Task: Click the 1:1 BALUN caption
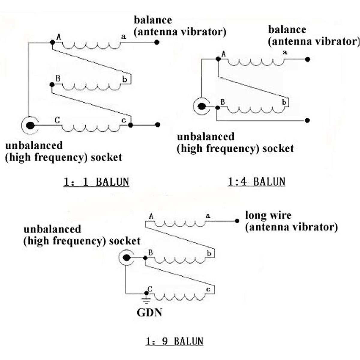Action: (96, 182)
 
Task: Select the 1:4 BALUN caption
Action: (256, 181)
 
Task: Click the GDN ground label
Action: (149, 313)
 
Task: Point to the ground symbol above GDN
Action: (146, 299)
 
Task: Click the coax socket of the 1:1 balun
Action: (30, 125)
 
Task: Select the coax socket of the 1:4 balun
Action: (202, 106)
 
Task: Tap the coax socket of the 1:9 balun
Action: (127, 258)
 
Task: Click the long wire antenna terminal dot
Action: (237, 221)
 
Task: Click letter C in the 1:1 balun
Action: (57, 120)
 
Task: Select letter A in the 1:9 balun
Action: (151, 216)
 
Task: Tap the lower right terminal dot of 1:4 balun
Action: (307, 121)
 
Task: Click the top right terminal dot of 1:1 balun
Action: (157, 42)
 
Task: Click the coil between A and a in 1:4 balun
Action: (256, 62)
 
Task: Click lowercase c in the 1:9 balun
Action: (208, 289)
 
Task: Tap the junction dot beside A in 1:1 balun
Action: (52, 42)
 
